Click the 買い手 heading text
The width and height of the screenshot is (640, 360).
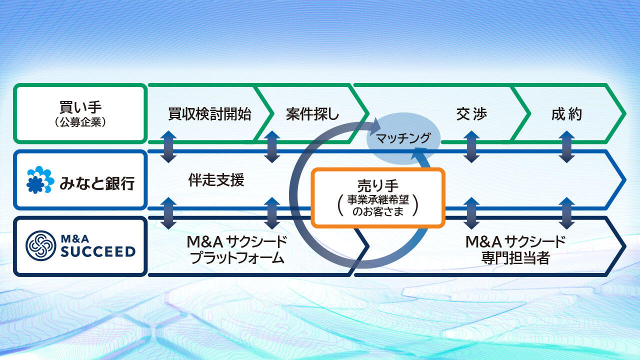pos(80,107)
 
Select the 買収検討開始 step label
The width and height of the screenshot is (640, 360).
pos(209,114)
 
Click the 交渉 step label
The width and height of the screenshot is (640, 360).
pos(471,114)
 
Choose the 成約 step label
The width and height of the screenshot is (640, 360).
pos(566,114)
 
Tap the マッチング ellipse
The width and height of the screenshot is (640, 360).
pos(403,138)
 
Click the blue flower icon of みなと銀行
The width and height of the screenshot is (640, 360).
pos(40,180)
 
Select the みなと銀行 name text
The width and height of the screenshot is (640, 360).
pos(97,182)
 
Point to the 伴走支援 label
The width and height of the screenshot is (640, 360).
pos(216,180)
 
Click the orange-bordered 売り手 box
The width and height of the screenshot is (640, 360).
pos(378,198)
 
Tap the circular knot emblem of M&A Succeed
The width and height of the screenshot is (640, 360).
pos(40,245)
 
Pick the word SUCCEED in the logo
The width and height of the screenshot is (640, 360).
pos(98,250)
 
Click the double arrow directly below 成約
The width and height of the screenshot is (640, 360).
pos(566,147)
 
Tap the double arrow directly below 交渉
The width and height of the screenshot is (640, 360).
pos(471,147)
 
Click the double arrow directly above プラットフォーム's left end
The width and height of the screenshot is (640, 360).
pos(169,213)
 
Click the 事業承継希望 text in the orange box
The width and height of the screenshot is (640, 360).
pos(378,199)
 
